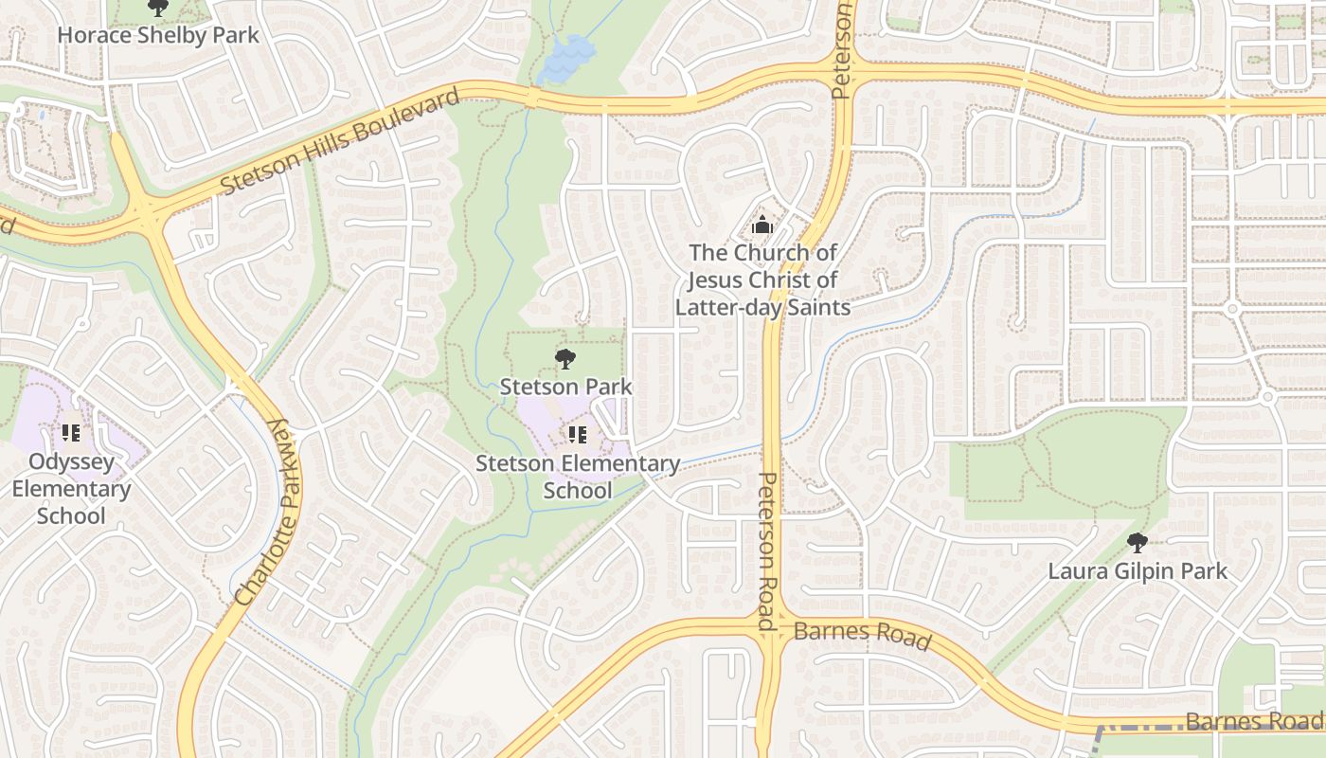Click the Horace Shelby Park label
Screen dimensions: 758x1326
pos(158,35)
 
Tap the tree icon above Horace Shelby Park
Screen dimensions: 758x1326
pos(158,8)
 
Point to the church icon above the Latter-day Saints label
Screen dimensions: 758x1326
pos(762,226)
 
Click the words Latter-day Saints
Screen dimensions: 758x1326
pos(762,307)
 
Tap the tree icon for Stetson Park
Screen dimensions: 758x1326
pos(565,359)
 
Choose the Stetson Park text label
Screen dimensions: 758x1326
pos(565,387)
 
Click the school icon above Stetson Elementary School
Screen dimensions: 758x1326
pos(578,435)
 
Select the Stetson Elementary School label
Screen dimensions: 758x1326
pos(578,477)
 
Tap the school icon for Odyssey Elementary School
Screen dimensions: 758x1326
pos(71,433)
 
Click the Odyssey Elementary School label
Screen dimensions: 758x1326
pos(71,489)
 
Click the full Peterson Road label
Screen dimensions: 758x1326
pos(768,551)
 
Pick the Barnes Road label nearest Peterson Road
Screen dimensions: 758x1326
pos(862,634)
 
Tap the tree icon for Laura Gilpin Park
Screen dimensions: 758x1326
pos(1138,543)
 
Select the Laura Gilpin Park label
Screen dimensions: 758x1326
pos(1138,570)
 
